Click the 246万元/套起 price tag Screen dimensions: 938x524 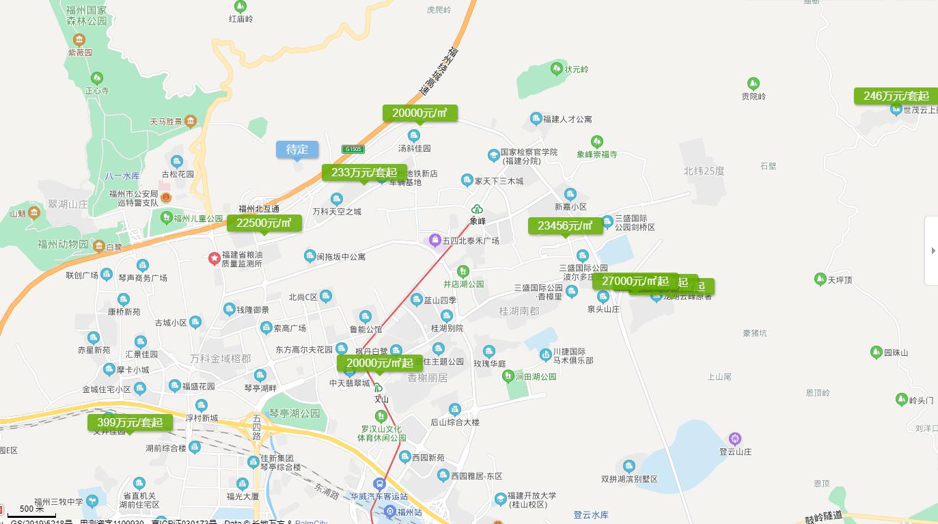click(896, 96)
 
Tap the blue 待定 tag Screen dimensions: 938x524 click(297, 150)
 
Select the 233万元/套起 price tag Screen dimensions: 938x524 click(364, 173)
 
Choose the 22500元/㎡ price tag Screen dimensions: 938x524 click(264, 223)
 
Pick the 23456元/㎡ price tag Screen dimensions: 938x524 click(565, 226)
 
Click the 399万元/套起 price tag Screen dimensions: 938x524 click(130, 423)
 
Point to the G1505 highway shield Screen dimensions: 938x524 click(353, 149)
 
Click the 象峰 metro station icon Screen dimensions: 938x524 click(477, 209)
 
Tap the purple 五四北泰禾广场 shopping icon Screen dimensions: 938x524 click(434, 240)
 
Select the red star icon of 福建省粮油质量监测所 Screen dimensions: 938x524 click(215, 258)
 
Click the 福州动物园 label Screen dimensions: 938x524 click(63, 245)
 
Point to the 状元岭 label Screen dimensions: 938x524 click(576, 70)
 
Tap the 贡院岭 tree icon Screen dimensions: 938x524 click(754, 84)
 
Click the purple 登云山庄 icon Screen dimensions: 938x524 click(735, 439)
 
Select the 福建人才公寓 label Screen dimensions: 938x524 click(567, 120)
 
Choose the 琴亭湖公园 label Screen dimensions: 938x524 click(294, 414)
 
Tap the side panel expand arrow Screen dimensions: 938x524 click(933, 251)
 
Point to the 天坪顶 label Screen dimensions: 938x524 click(840, 280)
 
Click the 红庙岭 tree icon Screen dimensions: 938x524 click(240, 6)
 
